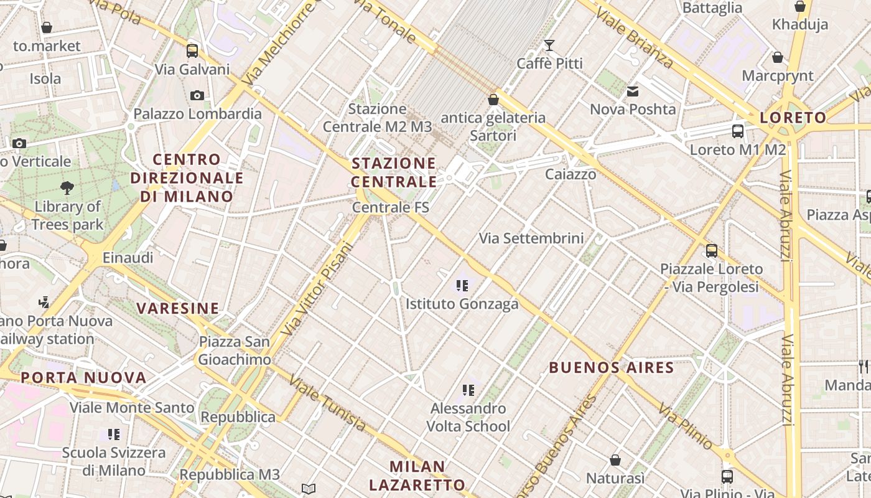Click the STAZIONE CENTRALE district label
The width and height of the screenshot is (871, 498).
click(x=394, y=172)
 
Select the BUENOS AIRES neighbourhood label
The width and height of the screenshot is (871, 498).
click(x=612, y=367)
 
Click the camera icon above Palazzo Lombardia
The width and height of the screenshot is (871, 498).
click(x=197, y=95)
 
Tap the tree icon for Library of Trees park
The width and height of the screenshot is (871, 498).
click(x=67, y=187)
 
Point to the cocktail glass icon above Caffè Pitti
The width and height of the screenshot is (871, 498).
click(x=549, y=45)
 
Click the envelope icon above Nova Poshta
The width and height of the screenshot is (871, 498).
click(x=633, y=92)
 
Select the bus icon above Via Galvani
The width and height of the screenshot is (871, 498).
click(x=192, y=50)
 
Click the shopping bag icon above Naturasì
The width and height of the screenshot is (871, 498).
click(x=615, y=460)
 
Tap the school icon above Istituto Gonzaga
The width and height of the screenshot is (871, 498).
click(x=462, y=286)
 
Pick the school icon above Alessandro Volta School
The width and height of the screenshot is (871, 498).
click(x=468, y=390)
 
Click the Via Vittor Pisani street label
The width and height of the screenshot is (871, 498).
click(x=317, y=289)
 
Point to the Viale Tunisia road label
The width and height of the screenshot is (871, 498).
click(x=327, y=404)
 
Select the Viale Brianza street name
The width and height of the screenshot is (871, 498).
click(x=634, y=38)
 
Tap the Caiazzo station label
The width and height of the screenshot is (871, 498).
click(x=571, y=174)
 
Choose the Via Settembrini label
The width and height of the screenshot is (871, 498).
click(x=531, y=238)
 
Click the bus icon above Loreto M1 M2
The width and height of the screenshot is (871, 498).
click(x=738, y=131)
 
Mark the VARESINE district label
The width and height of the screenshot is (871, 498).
click(x=178, y=308)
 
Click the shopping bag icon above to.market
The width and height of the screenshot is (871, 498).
click(x=47, y=27)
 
